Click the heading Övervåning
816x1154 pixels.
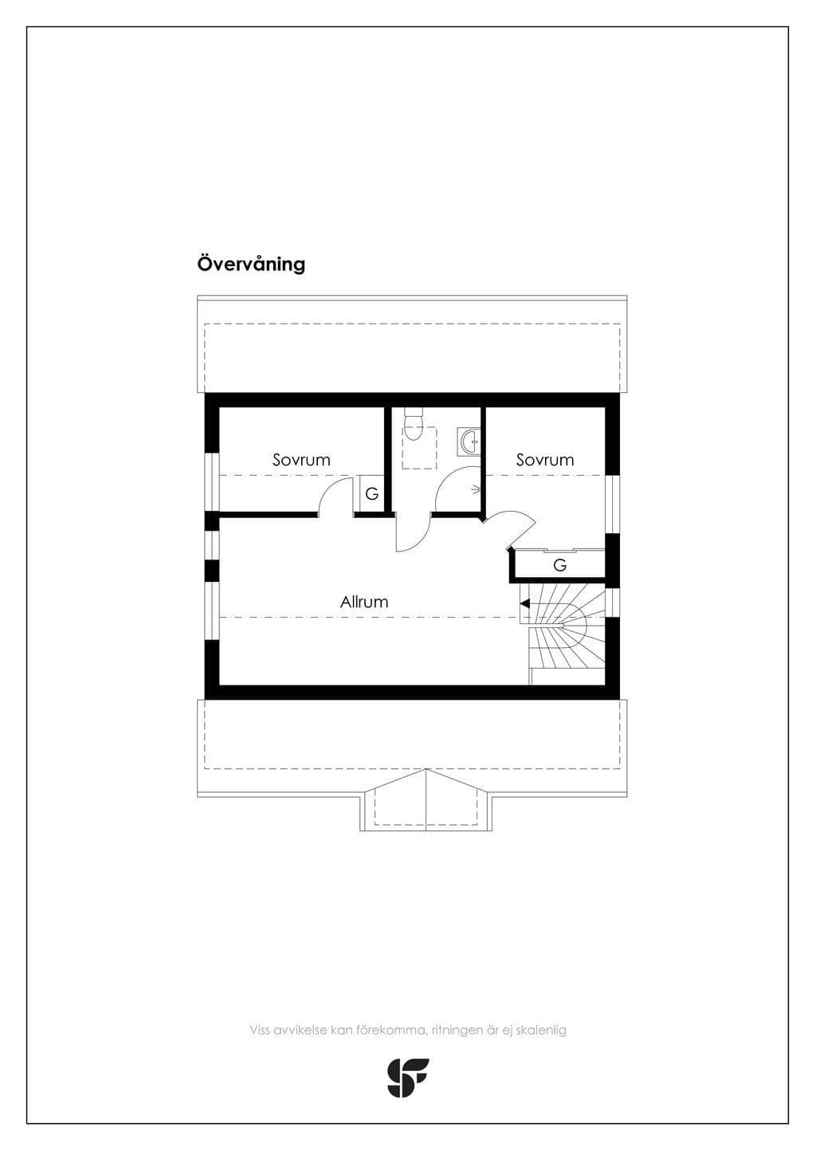pyautogui.click(x=251, y=264)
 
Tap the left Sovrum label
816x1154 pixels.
pyautogui.click(x=301, y=460)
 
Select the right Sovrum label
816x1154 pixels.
pyautogui.click(x=545, y=460)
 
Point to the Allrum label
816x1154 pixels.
pyautogui.click(x=363, y=602)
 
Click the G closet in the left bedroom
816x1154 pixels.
pyautogui.click(x=371, y=493)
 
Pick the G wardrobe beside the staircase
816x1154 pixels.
pyautogui.click(x=559, y=565)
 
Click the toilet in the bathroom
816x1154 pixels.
pyautogui.click(x=413, y=423)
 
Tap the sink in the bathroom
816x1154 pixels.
pyautogui.click(x=469, y=442)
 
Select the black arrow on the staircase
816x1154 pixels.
pyautogui.click(x=524, y=603)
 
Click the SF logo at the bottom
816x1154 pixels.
pyautogui.click(x=408, y=1077)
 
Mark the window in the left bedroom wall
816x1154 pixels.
pyautogui.click(x=212, y=482)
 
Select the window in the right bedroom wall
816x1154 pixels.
pyautogui.click(x=612, y=504)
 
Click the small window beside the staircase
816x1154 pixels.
pyautogui.click(x=612, y=603)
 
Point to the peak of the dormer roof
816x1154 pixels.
pyautogui.click(x=426, y=769)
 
